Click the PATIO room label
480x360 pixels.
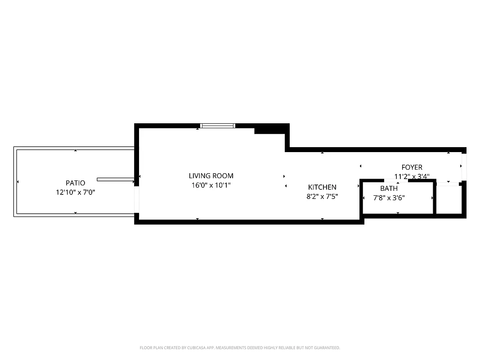tap(75, 183)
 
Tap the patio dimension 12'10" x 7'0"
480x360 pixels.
tap(75, 192)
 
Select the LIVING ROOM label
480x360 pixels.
tap(211, 176)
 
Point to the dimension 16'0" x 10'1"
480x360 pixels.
tap(211, 185)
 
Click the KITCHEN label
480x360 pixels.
tap(322, 187)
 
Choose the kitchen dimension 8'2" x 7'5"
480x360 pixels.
tap(322, 196)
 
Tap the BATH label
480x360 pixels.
tap(389, 189)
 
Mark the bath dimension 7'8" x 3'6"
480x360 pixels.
tap(389, 197)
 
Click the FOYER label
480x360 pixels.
tap(412, 167)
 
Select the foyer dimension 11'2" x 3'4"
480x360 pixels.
tap(412, 176)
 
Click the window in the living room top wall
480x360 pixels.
tap(218, 126)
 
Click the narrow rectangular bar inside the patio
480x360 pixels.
tap(115, 180)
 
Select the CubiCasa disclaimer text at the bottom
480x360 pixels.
tap(240, 348)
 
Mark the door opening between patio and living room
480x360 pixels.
tap(137, 199)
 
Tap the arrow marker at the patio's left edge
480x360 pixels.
tap(18, 182)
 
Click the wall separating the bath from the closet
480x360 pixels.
tap(435, 198)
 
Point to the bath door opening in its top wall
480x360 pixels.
tap(398, 180)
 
